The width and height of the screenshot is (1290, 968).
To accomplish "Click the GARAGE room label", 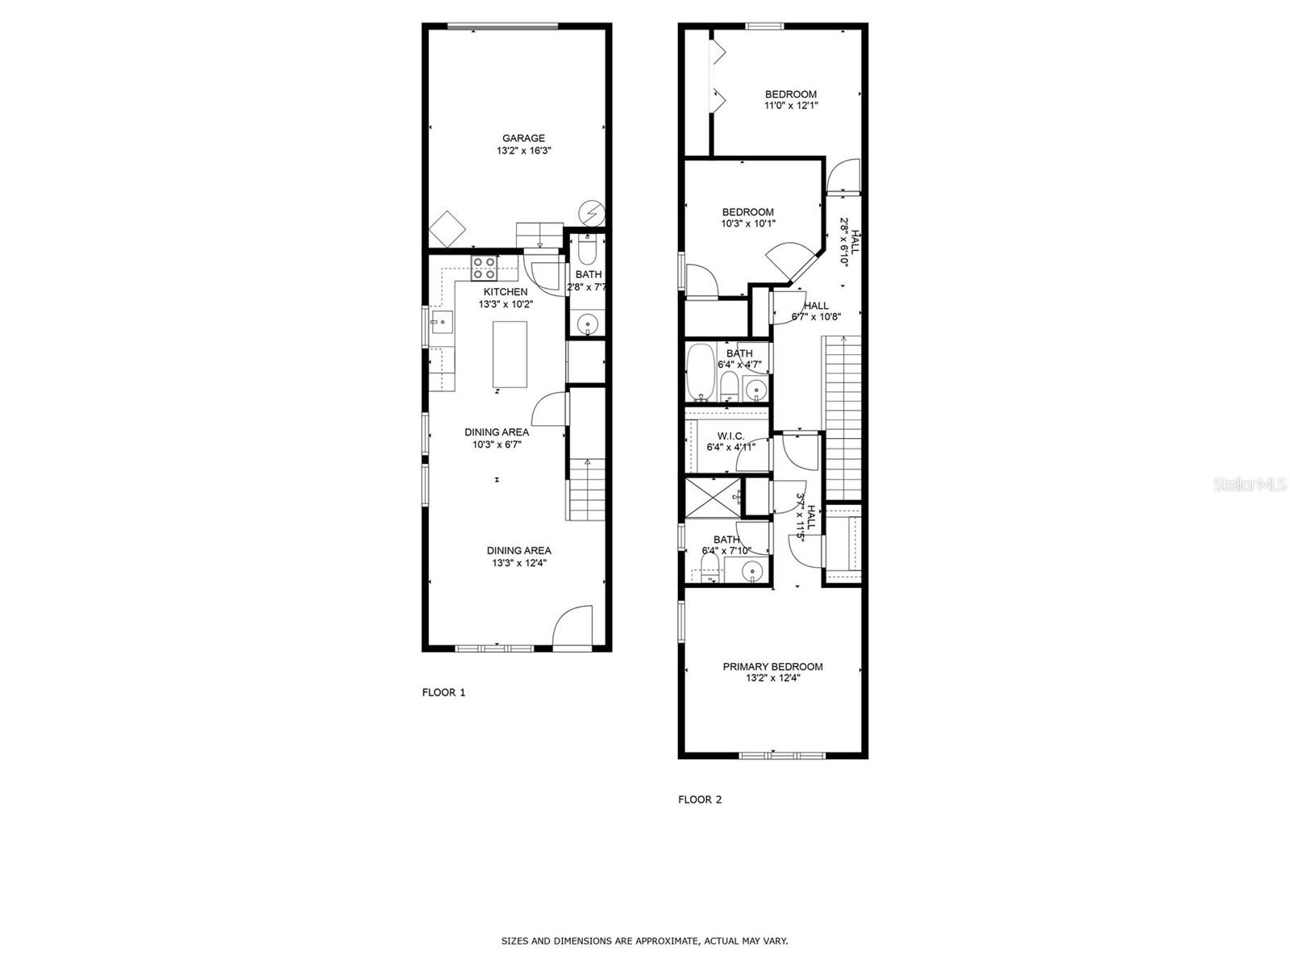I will tap(523, 138).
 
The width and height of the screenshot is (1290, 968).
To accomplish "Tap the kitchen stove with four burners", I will tap(484, 268).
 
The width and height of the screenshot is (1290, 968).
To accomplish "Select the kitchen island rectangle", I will tap(510, 354).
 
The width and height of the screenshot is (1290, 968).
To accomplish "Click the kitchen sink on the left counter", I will tap(441, 323).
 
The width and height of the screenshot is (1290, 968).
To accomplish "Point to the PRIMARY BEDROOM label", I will tap(772, 666).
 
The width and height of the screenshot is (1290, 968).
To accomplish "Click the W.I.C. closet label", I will tap(730, 436).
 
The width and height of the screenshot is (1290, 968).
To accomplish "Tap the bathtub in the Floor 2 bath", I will tap(700, 372).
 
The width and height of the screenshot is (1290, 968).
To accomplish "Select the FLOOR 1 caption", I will tap(443, 692).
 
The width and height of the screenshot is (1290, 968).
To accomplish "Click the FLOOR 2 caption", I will tap(700, 799).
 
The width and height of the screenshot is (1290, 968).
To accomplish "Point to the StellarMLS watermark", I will tap(1250, 484).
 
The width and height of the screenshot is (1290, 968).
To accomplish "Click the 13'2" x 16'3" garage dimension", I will tap(523, 151).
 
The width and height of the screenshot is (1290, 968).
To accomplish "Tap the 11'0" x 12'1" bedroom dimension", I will tap(791, 106).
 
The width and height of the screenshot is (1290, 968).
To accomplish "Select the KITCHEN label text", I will tap(506, 292).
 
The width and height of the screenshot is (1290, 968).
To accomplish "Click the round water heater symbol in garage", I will tap(593, 212).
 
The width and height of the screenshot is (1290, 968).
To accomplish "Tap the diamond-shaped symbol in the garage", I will tap(447, 230).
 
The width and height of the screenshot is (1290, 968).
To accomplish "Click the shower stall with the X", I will tap(713, 498).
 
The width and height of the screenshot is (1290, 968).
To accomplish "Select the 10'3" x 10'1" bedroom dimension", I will tap(747, 224).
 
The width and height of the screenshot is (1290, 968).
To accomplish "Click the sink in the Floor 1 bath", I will tap(588, 325).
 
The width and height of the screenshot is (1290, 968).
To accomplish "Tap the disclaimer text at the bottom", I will tap(644, 941).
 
